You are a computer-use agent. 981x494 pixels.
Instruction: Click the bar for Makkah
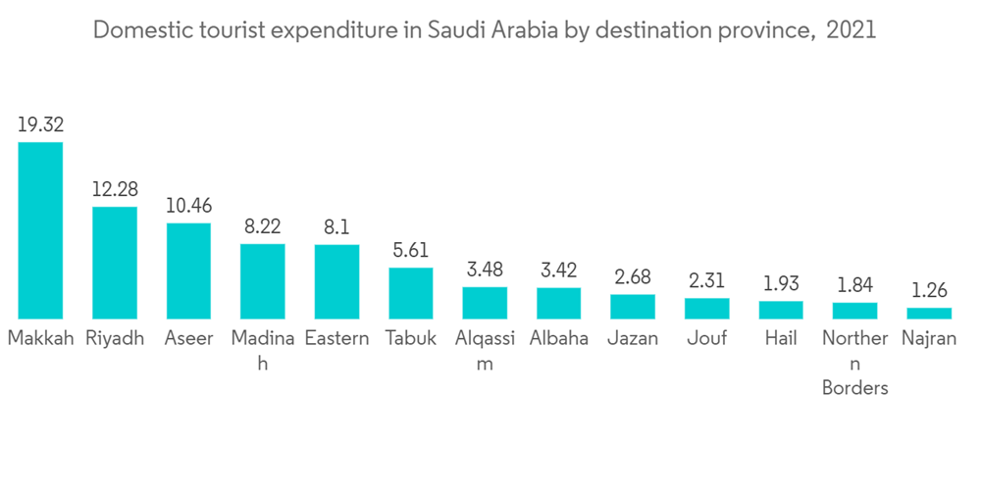[x=40, y=230]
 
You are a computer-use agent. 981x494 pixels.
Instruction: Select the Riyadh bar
[x=115, y=263]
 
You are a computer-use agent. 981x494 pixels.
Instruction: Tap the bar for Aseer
[x=188, y=271]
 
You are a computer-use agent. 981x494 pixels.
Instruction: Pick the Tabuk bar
[x=411, y=293]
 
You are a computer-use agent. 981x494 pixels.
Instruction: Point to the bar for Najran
[x=929, y=313]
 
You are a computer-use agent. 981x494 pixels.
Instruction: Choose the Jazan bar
[x=633, y=306]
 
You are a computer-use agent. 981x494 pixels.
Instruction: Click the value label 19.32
[x=40, y=124]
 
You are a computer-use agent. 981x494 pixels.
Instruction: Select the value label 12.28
[x=115, y=189]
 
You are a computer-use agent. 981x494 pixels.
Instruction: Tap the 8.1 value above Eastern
[x=336, y=226]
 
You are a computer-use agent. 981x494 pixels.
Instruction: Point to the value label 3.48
[x=485, y=269]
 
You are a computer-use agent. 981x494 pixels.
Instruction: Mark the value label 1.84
[x=854, y=284]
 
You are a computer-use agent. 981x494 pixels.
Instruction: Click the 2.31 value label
[x=707, y=280]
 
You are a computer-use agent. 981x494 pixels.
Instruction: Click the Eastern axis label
[x=336, y=339]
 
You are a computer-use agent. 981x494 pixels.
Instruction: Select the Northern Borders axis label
[x=854, y=363]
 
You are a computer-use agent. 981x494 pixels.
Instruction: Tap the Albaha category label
[x=559, y=339]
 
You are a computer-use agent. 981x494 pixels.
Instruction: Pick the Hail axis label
[x=781, y=339]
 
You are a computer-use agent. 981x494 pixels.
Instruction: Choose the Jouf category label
[x=707, y=339]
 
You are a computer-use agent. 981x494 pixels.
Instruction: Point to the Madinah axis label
[x=262, y=350]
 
